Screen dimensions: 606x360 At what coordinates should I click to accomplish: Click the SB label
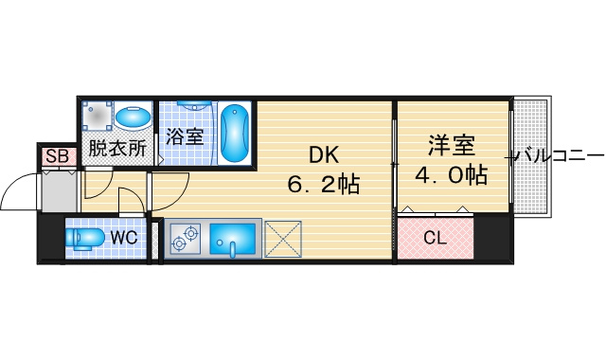click(57, 156)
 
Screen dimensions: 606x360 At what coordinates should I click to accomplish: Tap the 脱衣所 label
click(117, 148)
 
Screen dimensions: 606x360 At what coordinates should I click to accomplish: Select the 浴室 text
click(185, 136)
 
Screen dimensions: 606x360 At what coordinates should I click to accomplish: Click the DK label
click(324, 155)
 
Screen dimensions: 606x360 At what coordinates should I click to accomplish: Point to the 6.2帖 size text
click(324, 184)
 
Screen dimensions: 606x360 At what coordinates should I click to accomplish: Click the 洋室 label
click(451, 146)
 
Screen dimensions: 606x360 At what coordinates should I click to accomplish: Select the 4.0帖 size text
click(451, 174)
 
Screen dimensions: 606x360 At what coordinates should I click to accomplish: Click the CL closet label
click(436, 238)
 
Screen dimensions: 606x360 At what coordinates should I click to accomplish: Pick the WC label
click(124, 237)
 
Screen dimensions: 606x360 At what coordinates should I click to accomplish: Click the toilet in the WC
click(85, 238)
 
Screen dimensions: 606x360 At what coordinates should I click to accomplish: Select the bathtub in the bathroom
click(234, 133)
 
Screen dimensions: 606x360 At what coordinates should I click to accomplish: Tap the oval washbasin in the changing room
click(133, 117)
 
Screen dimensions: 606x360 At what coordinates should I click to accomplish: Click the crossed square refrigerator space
click(283, 239)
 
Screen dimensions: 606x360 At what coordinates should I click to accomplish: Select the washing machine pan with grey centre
click(97, 116)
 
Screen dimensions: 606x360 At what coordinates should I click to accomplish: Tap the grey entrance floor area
click(59, 191)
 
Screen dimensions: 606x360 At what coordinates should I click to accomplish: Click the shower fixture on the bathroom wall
click(194, 105)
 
